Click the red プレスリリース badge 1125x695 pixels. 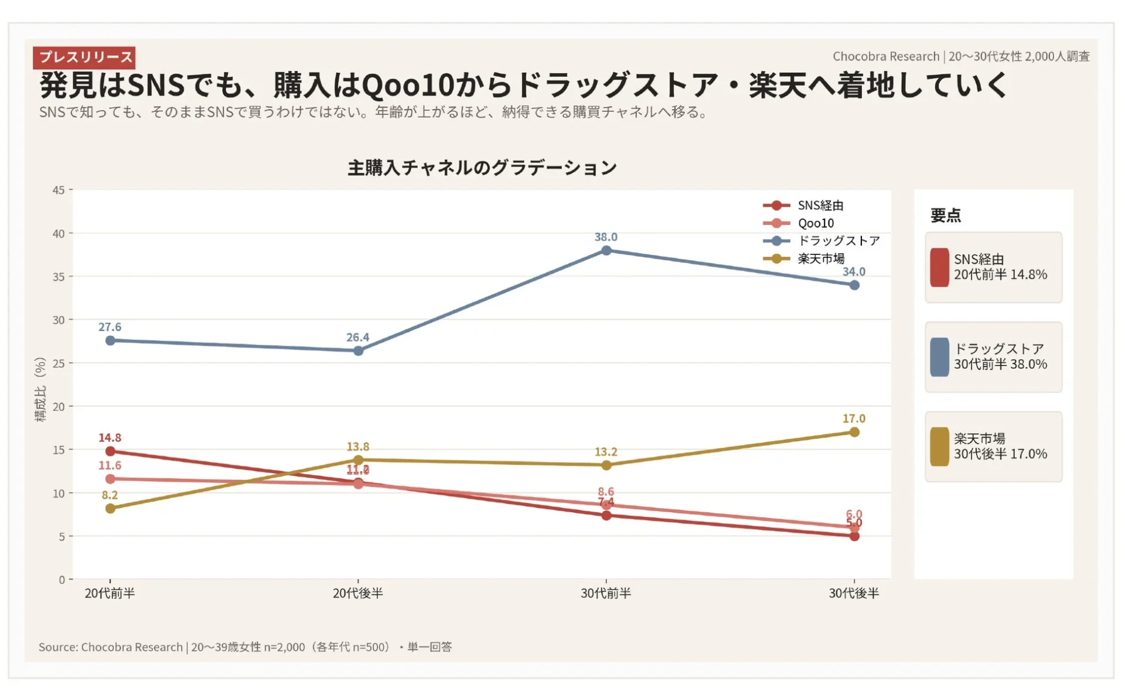(84, 57)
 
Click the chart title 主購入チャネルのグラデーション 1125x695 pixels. (482, 168)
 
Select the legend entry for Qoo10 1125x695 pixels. (815, 223)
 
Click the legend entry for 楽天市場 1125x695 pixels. (820, 258)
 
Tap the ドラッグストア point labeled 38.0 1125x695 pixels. (606, 251)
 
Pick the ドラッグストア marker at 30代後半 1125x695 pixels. (854, 285)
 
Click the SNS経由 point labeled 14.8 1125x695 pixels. (110, 451)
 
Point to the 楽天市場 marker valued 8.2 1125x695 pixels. (110, 509)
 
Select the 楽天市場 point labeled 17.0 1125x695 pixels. (854, 432)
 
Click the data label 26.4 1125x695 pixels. (357, 338)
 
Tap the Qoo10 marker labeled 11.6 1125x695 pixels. (110, 479)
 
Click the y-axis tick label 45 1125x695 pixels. (59, 190)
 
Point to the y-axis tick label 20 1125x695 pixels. (59, 407)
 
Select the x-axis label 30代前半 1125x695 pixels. (606, 594)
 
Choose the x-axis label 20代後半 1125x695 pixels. (357, 594)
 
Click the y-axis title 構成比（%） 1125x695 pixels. (40, 390)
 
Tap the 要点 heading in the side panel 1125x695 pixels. (945, 216)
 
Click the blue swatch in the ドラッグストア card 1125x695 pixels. (939, 357)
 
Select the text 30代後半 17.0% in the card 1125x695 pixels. (1000, 454)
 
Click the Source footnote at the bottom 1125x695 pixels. (245, 647)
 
